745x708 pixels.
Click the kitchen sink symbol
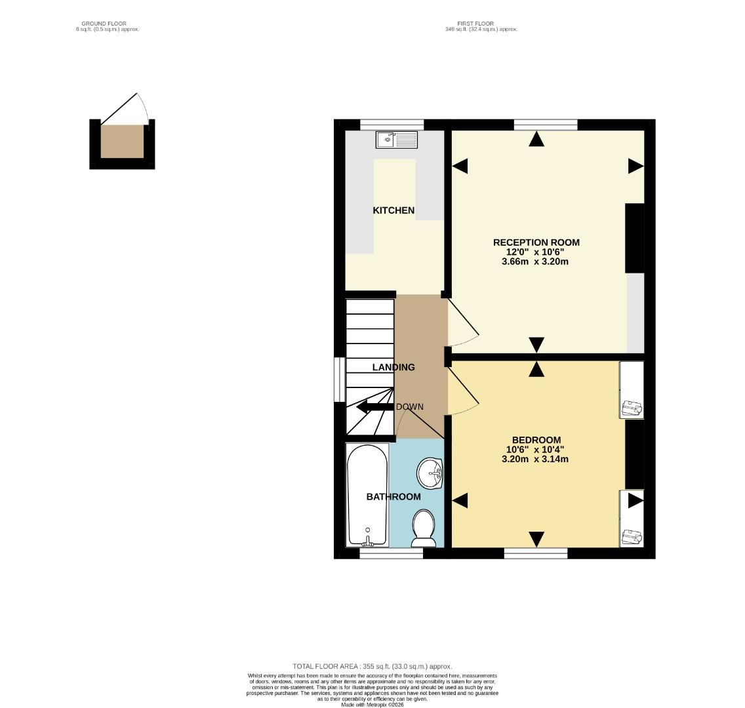397,139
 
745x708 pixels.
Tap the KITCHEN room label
393,210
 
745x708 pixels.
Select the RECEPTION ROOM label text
536,243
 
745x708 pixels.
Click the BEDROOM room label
536,440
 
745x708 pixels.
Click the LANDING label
393,368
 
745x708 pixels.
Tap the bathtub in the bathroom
367,495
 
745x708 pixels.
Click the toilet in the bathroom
424,528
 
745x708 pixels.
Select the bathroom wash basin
430,472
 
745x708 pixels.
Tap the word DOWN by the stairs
409,407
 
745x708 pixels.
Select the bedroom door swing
463,393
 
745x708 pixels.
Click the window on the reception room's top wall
545,125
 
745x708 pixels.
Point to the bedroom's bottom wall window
535,554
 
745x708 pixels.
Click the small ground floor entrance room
122,142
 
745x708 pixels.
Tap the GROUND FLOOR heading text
108,24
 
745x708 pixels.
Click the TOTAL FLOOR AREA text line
372,666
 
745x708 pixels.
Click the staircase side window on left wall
339,379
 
